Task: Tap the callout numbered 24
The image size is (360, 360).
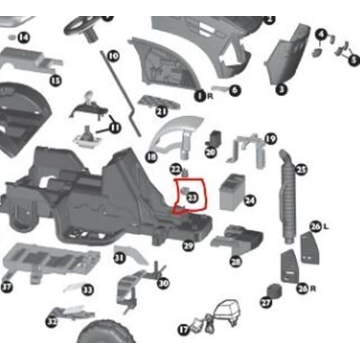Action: pyautogui.click(x=249, y=201)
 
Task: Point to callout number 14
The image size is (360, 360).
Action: pyautogui.click(x=23, y=38)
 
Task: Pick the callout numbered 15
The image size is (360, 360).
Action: pyautogui.click(x=55, y=80)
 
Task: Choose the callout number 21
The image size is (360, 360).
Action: pyautogui.click(x=160, y=113)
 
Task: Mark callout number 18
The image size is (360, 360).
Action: pyautogui.click(x=151, y=157)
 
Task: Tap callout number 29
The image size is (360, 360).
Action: pyautogui.click(x=188, y=245)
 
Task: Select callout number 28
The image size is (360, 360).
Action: pyautogui.click(x=235, y=262)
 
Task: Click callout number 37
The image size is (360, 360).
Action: pyautogui.click(x=7, y=287)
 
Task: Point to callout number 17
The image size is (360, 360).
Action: pyautogui.click(x=183, y=329)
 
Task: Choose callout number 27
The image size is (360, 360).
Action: pyautogui.click(x=266, y=302)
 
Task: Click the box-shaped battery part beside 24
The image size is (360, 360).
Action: pyautogui.click(x=232, y=187)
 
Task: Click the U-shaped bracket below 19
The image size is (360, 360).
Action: pyautogui.click(x=246, y=152)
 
